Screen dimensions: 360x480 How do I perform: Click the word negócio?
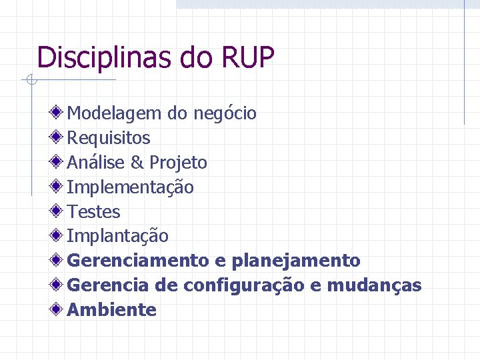point(225,114)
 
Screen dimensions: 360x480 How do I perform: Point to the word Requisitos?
point(109,139)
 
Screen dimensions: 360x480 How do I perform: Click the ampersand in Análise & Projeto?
point(137,163)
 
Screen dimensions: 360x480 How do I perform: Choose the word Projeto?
point(178,163)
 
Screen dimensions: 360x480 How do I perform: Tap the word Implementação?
point(131,188)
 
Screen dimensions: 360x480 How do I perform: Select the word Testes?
point(94,212)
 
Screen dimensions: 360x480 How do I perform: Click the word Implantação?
point(118,237)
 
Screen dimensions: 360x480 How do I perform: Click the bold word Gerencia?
point(108,285)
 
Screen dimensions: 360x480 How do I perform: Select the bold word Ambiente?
point(112,310)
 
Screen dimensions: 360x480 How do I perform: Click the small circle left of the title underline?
point(31,81)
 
